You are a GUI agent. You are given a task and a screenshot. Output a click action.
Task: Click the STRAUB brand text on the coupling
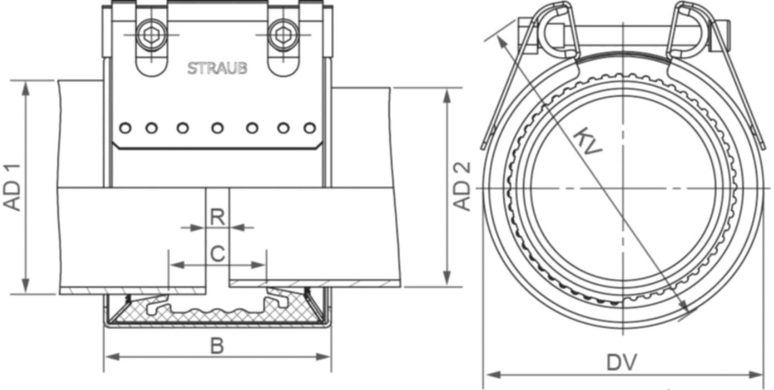click(217, 68)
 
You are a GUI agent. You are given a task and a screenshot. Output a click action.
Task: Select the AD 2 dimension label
click(463, 186)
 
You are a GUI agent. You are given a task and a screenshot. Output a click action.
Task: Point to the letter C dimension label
click(217, 254)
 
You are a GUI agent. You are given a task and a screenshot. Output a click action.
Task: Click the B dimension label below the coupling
click(217, 346)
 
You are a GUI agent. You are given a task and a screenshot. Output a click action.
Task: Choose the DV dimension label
click(621, 363)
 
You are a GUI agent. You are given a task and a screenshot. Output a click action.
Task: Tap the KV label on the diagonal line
click(588, 142)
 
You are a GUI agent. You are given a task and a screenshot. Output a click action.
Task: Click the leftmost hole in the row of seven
click(126, 129)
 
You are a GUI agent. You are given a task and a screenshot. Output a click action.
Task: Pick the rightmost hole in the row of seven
click(309, 129)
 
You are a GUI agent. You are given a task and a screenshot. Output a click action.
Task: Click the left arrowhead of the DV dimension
click(488, 375)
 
